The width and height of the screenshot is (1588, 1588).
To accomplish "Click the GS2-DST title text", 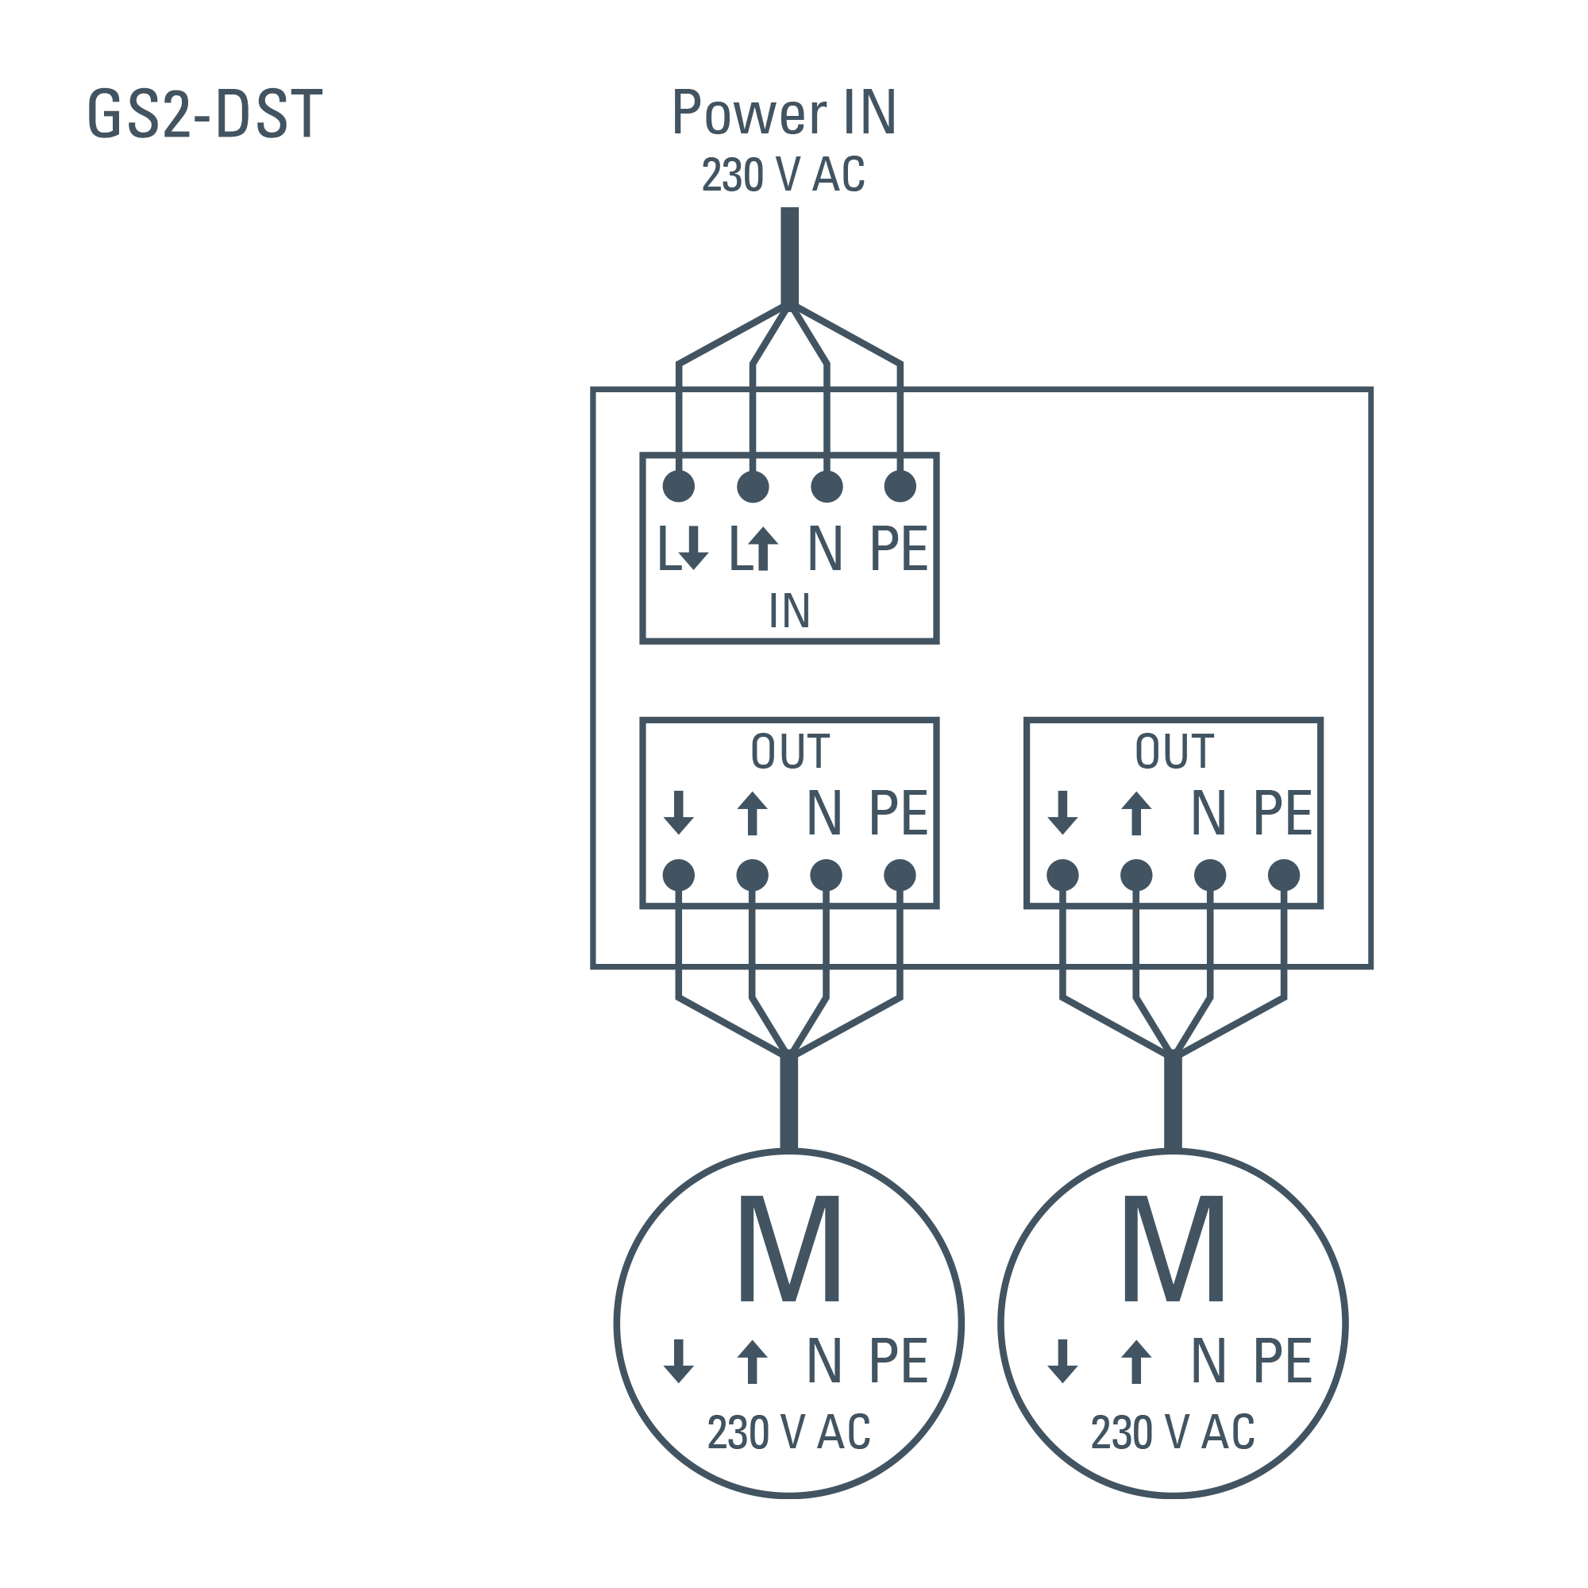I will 205,114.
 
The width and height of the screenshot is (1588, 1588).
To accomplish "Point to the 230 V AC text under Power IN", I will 784,174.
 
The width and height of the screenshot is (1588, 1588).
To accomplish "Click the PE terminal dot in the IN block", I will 900,487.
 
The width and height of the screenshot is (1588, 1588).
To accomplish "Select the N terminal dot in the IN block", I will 826,487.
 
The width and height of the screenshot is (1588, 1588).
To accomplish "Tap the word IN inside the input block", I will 789,611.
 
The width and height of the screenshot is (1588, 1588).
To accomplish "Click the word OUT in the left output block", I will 790,750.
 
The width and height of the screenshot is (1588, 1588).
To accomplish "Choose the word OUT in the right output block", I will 1174,750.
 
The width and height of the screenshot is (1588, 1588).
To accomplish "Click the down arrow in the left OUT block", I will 678,812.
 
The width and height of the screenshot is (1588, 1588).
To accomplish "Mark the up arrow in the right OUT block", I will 1136,812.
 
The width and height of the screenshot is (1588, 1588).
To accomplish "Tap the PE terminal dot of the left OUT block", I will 900,875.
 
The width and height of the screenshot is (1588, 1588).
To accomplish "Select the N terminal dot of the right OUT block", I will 1210,875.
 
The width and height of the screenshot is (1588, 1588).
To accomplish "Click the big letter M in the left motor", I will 789,1248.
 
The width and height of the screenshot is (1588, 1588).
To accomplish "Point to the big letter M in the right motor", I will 1173,1248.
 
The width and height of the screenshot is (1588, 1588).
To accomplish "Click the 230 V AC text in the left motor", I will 788,1432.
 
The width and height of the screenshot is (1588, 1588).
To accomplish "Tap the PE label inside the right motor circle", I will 1282,1360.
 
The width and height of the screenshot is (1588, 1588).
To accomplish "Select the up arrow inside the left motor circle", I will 752,1360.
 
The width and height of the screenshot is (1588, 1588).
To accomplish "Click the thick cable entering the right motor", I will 1173,1101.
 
